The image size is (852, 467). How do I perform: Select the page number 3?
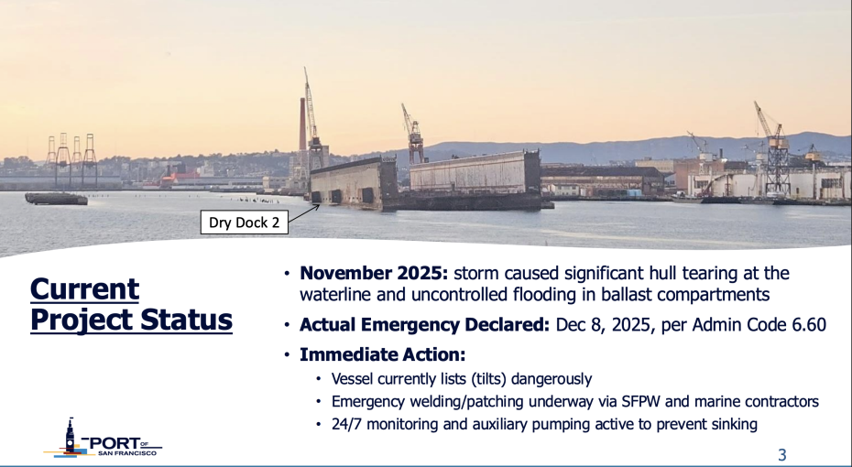coord(781,454)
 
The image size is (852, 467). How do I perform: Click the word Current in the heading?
coord(84,289)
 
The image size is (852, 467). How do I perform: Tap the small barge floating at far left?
coord(56,198)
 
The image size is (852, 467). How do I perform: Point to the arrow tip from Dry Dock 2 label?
coord(319,205)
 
